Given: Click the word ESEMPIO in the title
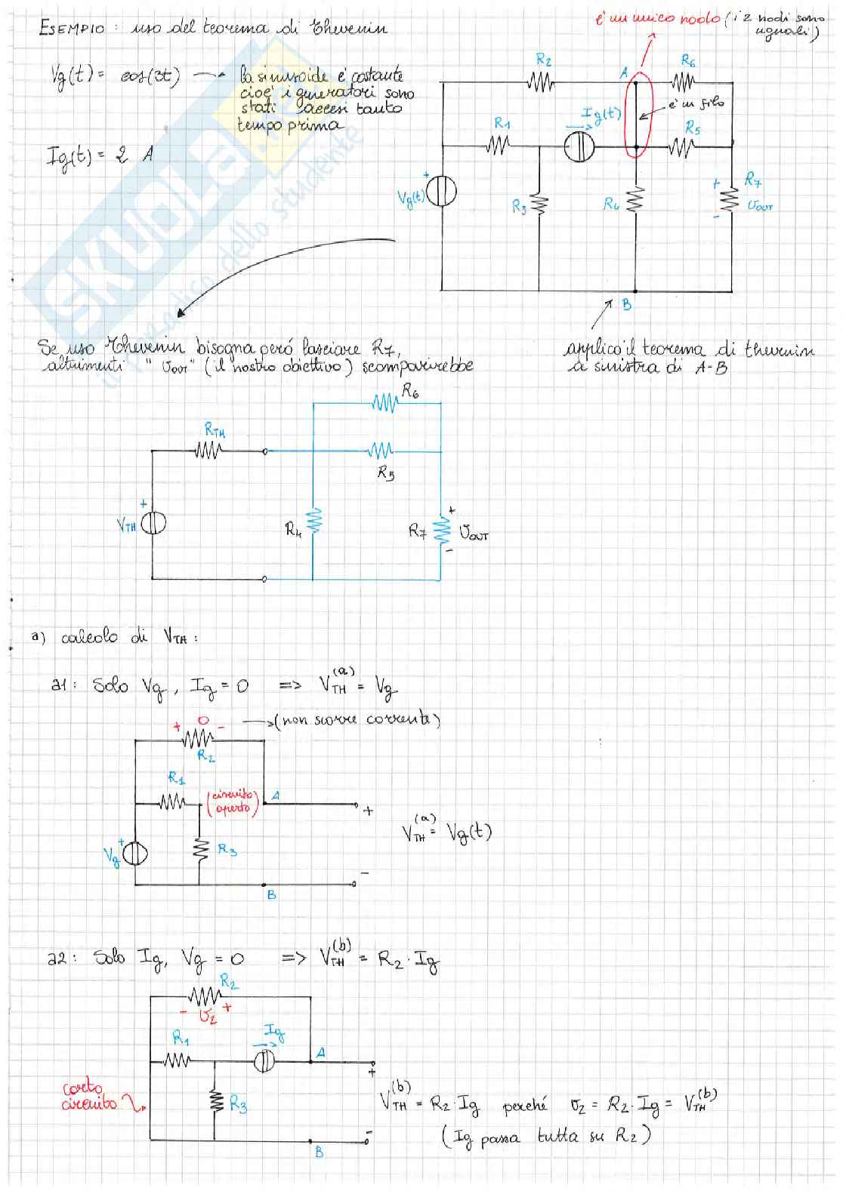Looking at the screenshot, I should [x=72, y=29].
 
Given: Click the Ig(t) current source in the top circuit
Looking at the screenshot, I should [x=579, y=147].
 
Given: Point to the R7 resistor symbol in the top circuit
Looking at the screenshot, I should [x=730, y=199].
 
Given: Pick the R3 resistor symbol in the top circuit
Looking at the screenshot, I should [x=539, y=204].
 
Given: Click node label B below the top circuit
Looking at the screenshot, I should [x=627, y=305].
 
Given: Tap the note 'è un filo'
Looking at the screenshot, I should [x=695, y=103].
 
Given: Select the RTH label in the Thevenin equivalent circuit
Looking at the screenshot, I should [x=215, y=431].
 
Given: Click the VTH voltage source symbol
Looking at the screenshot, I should [x=153, y=524].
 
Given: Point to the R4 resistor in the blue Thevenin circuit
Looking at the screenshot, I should [x=313, y=521].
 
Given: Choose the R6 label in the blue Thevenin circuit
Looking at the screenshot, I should [x=411, y=391].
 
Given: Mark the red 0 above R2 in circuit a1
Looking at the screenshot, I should [x=202, y=721].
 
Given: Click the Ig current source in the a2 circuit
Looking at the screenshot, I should [x=264, y=1060].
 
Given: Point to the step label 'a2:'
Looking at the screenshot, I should [x=57, y=959].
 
